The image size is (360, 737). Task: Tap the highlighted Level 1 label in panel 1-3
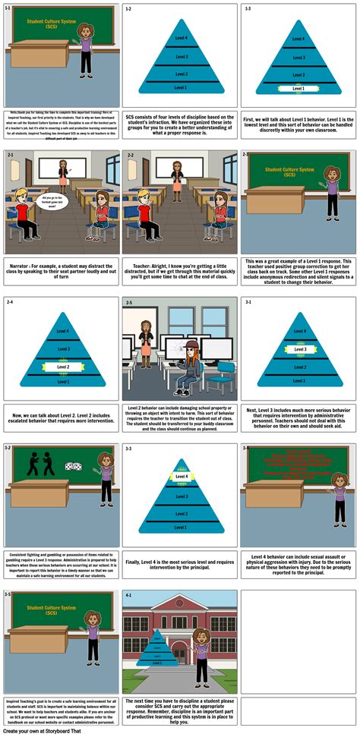(298, 88)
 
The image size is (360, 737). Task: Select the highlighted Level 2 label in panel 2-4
(62, 367)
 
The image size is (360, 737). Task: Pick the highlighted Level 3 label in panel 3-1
(298, 349)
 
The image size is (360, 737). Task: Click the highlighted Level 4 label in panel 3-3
(180, 477)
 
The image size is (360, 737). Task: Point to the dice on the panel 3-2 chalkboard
(74, 467)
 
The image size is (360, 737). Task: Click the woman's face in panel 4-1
(201, 636)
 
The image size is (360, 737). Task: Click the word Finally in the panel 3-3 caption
(134, 562)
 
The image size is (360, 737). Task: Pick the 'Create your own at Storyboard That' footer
(43, 732)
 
